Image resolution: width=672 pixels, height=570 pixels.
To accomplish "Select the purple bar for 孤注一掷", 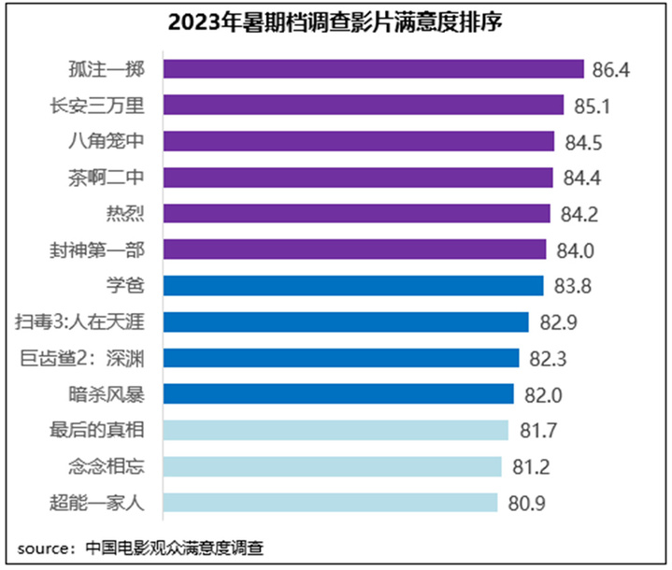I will (374, 69).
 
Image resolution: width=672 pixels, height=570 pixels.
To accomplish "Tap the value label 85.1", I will (592, 106).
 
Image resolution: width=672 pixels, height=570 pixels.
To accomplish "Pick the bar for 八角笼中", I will (360, 141).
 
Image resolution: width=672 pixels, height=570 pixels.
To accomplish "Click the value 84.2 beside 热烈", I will (579, 214).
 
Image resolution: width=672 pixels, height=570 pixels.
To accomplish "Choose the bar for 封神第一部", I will (355, 249).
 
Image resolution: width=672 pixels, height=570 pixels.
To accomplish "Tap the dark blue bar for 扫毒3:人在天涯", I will (347, 322).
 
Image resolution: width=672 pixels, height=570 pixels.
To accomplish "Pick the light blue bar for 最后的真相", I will (336, 431).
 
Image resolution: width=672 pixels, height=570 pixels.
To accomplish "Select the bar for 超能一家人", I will (331, 503).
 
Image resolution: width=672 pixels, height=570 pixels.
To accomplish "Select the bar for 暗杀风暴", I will (339, 394).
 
